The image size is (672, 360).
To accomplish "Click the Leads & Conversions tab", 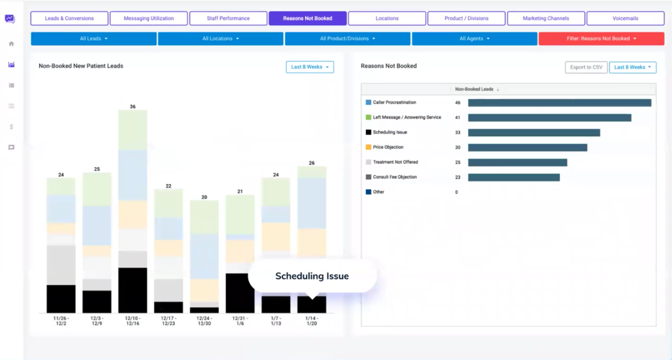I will (x=69, y=18).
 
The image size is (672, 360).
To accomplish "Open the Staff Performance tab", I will (x=228, y=18).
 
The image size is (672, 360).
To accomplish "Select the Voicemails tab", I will (x=625, y=18).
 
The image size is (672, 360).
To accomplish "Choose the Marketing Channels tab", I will (x=546, y=18).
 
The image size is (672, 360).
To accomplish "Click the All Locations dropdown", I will (x=221, y=38).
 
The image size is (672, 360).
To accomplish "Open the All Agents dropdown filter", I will (x=475, y=38).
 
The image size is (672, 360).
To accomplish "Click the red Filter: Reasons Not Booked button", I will (x=601, y=38).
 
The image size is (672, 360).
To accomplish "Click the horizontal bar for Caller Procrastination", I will (x=559, y=103).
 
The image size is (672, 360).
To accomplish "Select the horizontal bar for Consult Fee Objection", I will (x=513, y=177).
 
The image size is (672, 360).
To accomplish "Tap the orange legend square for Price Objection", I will (x=368, y=147).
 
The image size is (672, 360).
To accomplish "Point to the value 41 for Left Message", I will (x=458, y=118).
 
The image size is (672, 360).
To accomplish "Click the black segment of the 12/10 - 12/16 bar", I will (x=133, y=290).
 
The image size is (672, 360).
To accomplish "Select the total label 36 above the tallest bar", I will (x=133, y=107).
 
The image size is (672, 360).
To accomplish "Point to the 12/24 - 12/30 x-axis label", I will (x=204, y=321).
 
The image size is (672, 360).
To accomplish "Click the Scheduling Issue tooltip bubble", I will (x=312, y=276).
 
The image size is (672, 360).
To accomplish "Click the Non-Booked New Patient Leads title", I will (x=81, y=66).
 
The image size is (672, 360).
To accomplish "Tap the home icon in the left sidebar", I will (x=11, y=44).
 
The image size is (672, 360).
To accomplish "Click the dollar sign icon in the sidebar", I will (x=11, y=127).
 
